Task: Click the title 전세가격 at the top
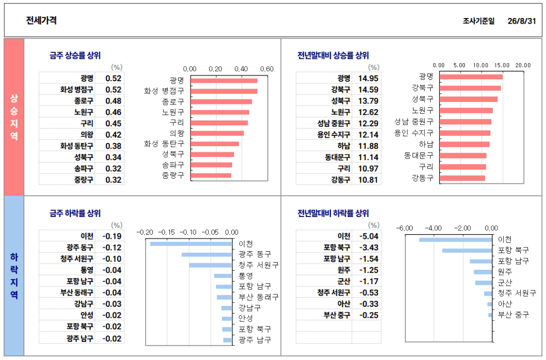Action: coord(41,20)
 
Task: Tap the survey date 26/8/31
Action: coord(522,21)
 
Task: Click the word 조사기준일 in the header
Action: coord(479,21)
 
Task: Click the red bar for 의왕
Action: coord(217,133)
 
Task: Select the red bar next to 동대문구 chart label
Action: coord(463,156)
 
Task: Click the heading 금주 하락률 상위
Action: coord(75,213)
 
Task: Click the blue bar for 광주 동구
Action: coord(207,255)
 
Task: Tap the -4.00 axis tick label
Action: coord(433,228)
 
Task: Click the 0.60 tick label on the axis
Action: coord(267,69)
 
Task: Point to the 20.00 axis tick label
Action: coord(523,66)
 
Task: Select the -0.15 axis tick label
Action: coord(167,232)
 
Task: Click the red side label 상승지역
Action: coord(14,117)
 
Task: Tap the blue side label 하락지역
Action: coord(14,276)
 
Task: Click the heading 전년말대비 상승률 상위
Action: coord(333,56)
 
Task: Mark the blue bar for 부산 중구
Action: coord(490,315)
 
